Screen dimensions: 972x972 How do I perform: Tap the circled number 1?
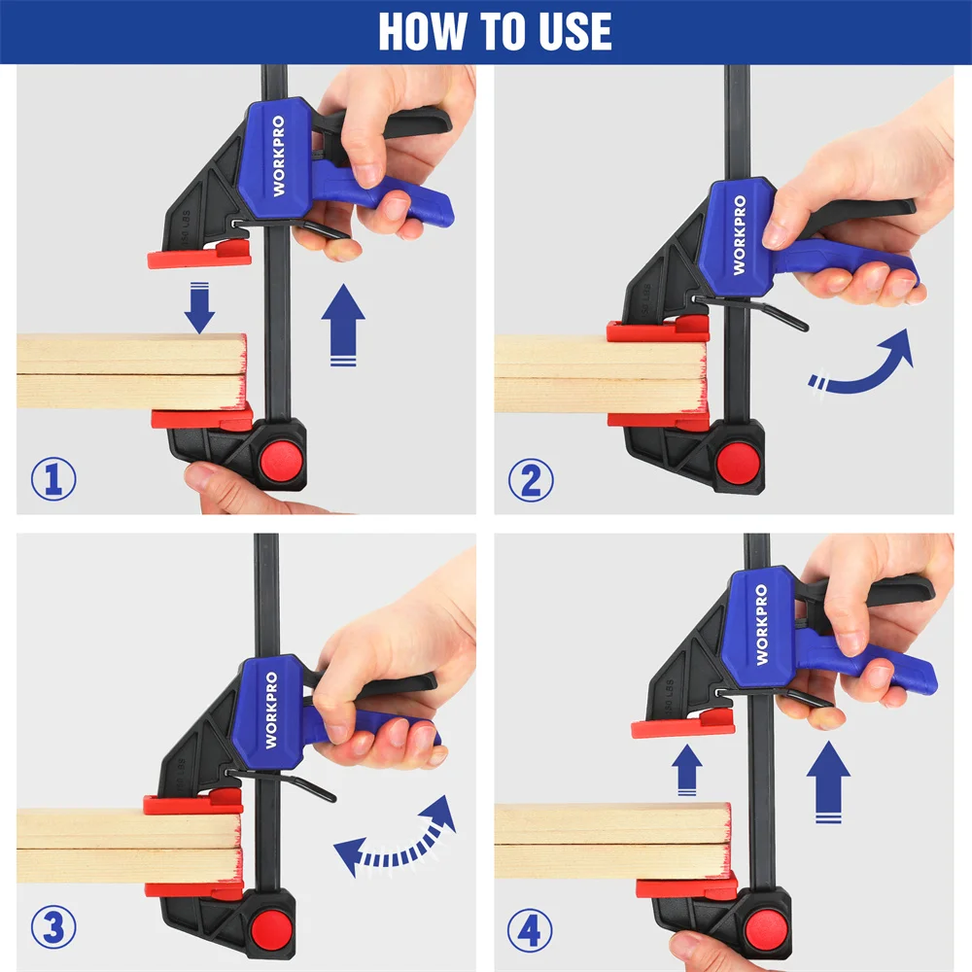53,478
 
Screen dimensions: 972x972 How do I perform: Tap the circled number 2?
531,479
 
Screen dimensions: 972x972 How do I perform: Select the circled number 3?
53,927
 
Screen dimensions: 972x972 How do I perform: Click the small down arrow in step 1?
198,306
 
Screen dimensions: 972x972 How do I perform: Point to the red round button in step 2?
738,458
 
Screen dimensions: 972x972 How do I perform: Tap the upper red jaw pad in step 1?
199,257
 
